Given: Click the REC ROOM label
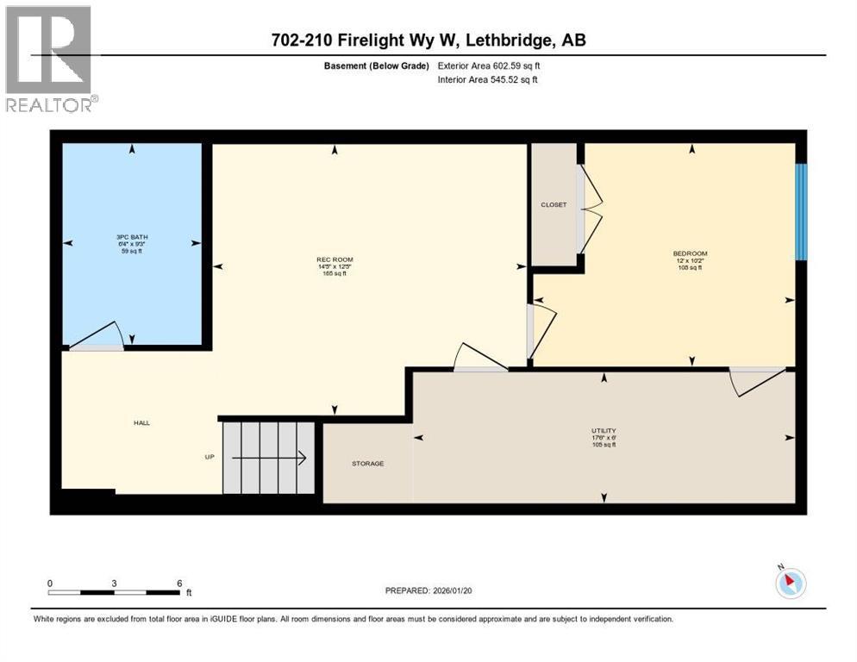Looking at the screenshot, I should [x=335, y=259].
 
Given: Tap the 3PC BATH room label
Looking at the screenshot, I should [x=132, y=236].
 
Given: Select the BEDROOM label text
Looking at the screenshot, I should [x=690, y=253].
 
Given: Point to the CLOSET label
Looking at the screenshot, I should [x=554, y=204].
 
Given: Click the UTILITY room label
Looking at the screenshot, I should [x=604, y=430].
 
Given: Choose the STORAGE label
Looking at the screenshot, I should [x=367, y=464].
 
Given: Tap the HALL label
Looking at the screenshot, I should [x=141, y=423].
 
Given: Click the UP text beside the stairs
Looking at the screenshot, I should [x=209, y=457].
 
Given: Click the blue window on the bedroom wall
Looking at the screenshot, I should [x=800, y=212].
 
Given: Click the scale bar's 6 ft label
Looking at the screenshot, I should [x=180, y=583].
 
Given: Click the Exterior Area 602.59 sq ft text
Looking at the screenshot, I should [x=489, y=65].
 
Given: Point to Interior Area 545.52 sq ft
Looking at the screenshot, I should [x=488, y=80].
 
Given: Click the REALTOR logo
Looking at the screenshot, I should [x=50, y=59].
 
